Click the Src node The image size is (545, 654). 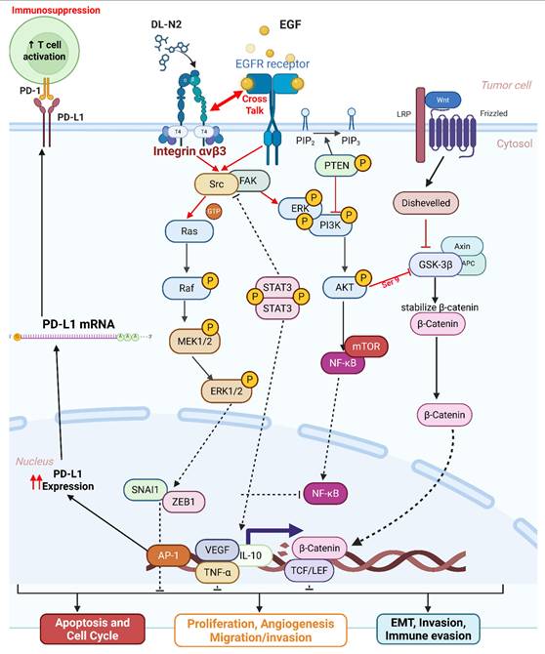pos(211,183)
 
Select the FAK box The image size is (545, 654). pos(247,182)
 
